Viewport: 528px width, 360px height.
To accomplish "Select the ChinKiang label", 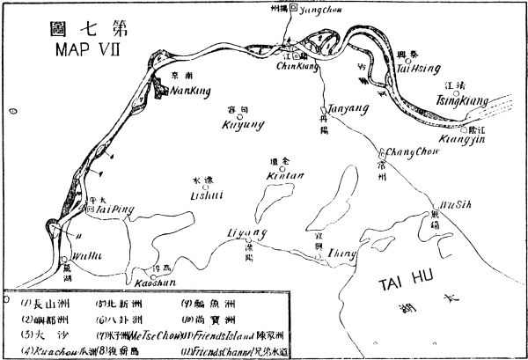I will pos(295,65).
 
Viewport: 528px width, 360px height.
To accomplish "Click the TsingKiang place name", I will pos(463,101).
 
